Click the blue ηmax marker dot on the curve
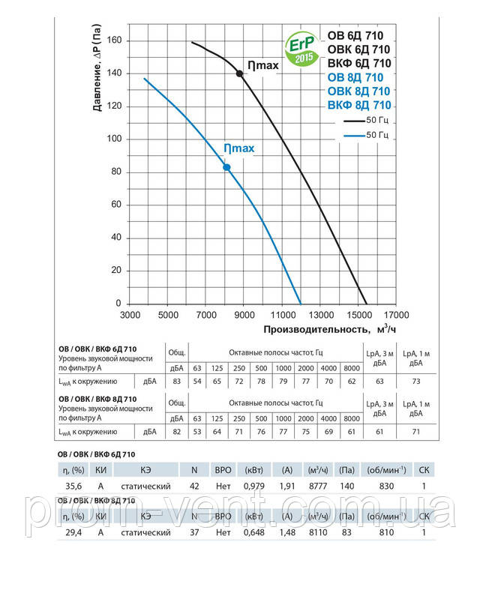point(226,167)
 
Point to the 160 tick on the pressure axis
point(115,40)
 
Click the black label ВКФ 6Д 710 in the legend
point(360,63)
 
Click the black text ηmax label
point(263,66)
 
